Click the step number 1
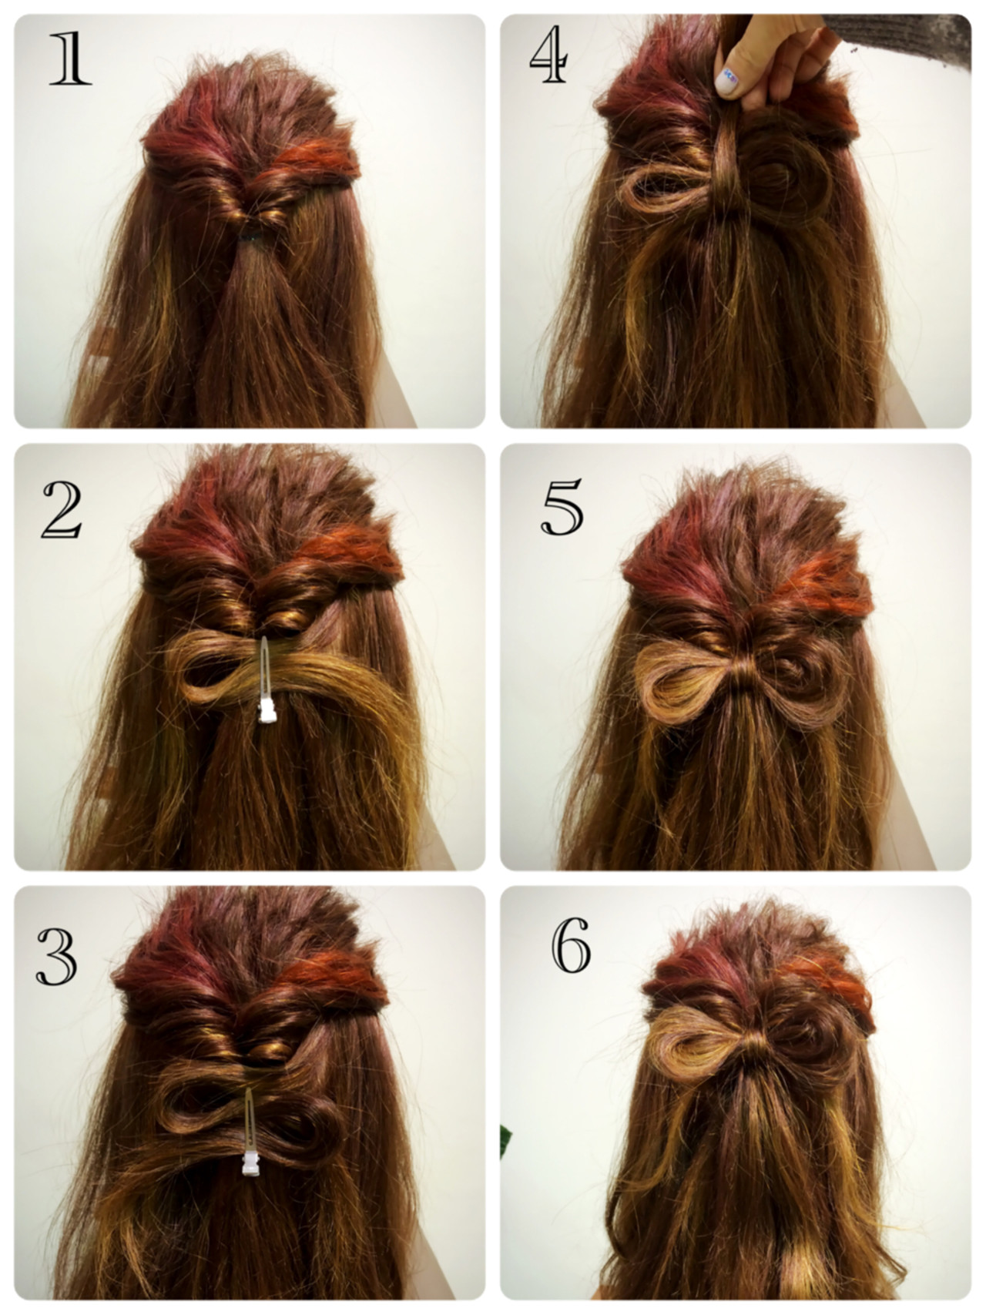[69, 59]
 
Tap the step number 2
[62, 509]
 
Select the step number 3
[56, 955]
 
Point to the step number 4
[548, 58]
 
